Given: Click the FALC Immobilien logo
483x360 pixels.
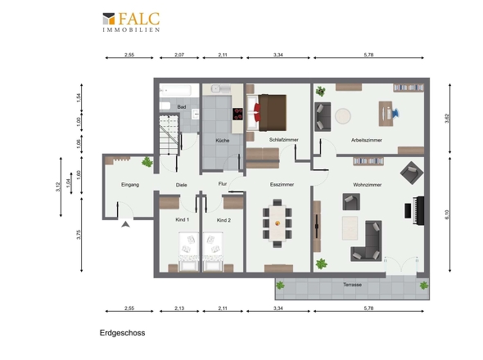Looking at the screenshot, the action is pos(131,22).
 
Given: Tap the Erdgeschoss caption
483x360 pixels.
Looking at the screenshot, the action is pos(122,333).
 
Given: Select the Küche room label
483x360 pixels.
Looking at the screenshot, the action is pos(223,141).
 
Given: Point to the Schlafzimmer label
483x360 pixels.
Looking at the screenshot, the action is pos(284,140).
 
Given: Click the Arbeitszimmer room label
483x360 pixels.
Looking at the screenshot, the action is pos(367,140).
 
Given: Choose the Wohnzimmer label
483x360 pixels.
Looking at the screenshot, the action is pos(368,185).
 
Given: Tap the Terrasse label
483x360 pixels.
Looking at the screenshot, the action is pos(352,285).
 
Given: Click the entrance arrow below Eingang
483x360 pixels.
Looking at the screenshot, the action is pos(125,224).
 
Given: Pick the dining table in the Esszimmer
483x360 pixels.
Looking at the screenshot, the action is pos(278,223).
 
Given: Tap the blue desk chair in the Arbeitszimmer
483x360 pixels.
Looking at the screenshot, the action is pos(395,113).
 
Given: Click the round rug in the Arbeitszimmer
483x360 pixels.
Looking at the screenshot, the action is pos(343,116).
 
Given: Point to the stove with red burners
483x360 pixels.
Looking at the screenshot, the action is pos(237,114).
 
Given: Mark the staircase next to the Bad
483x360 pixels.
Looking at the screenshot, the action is pos(169,134).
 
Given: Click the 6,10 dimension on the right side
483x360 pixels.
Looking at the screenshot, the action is pos(447,214).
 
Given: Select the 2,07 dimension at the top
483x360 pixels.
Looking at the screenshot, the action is pos(179,55).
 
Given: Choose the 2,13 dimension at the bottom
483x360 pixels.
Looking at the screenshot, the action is pos(179,308).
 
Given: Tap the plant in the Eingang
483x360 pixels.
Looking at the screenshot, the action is pos(147,162).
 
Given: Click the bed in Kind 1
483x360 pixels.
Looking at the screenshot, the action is pos(188,251).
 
